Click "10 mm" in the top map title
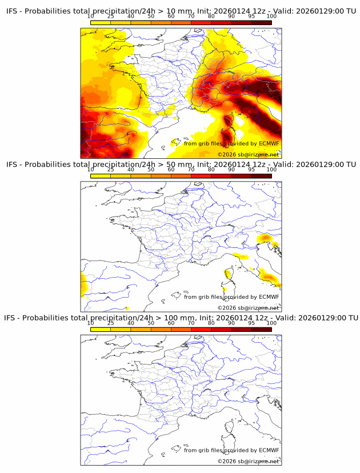tap(164, 10)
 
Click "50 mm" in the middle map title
tap(164, 165)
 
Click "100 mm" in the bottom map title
tap(166, 318)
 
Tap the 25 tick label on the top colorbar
tap(110, 17)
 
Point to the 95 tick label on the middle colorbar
tap(251, 170)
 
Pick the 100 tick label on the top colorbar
tap(271, 17)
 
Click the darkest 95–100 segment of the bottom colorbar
tap(261, 329)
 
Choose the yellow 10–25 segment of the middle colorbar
tap(101, 175)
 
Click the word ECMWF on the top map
tap(269, 144)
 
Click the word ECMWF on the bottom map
tap(269, 450)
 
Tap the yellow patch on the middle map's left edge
tap(83, 284)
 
